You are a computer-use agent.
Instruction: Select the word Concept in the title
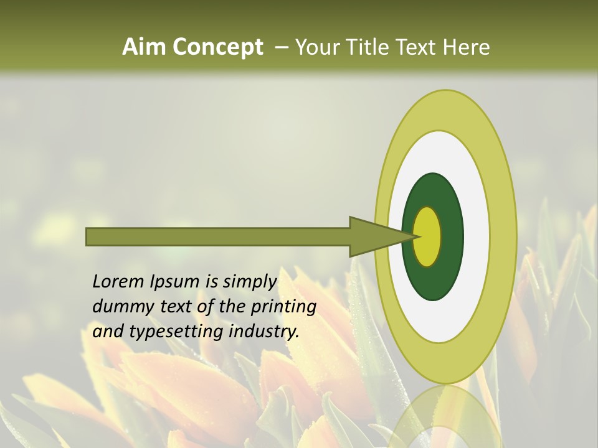(218, 47)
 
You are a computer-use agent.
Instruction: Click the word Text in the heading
(420, 47)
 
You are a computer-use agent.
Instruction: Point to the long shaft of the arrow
(218, 236)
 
